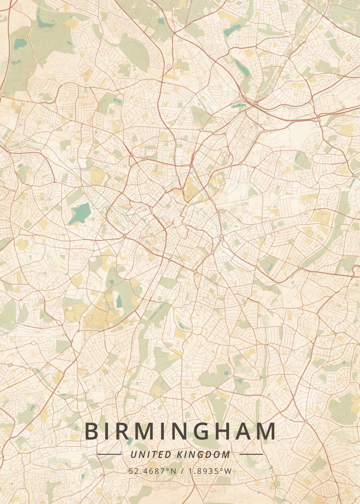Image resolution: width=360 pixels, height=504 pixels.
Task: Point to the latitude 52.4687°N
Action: coord(153,471)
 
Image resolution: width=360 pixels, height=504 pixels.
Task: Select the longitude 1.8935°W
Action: coord(208,471)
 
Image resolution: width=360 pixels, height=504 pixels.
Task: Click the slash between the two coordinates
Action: coord(181,471)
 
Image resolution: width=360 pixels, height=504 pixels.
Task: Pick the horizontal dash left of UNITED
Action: coord(109,454)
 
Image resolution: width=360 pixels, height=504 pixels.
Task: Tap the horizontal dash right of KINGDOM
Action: coord(251,454)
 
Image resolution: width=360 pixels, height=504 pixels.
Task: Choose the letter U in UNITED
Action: coord(133,454)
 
